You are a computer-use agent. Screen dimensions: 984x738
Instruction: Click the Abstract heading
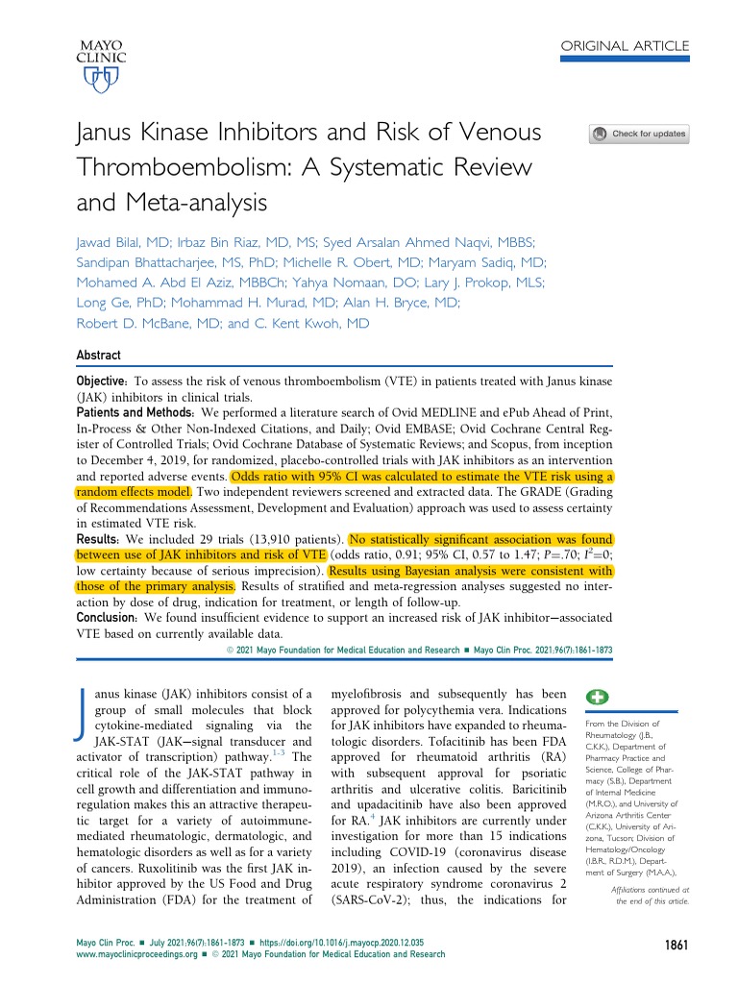click(100, 356)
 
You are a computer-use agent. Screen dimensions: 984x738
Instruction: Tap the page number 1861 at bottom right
click(676, 946)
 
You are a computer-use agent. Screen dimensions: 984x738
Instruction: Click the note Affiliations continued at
click(650, 890)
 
